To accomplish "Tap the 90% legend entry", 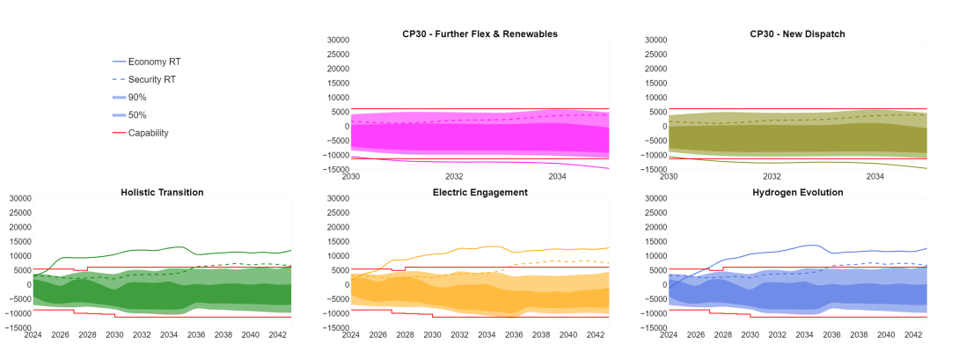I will (137, 97).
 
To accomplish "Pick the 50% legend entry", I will (137, 115).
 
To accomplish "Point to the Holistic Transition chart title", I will (162, 192).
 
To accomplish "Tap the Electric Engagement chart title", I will (479, 192).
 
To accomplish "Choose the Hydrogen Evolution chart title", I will (797, 192).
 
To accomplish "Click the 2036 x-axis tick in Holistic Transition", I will (196, 335).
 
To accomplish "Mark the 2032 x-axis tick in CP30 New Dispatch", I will (772, 177).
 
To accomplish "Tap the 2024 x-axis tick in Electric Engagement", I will (351, 335).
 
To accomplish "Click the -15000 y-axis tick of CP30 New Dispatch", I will (649, 169).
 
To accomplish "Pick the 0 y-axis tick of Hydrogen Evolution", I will (660, 284).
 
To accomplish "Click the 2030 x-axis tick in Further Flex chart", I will (351, 177).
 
